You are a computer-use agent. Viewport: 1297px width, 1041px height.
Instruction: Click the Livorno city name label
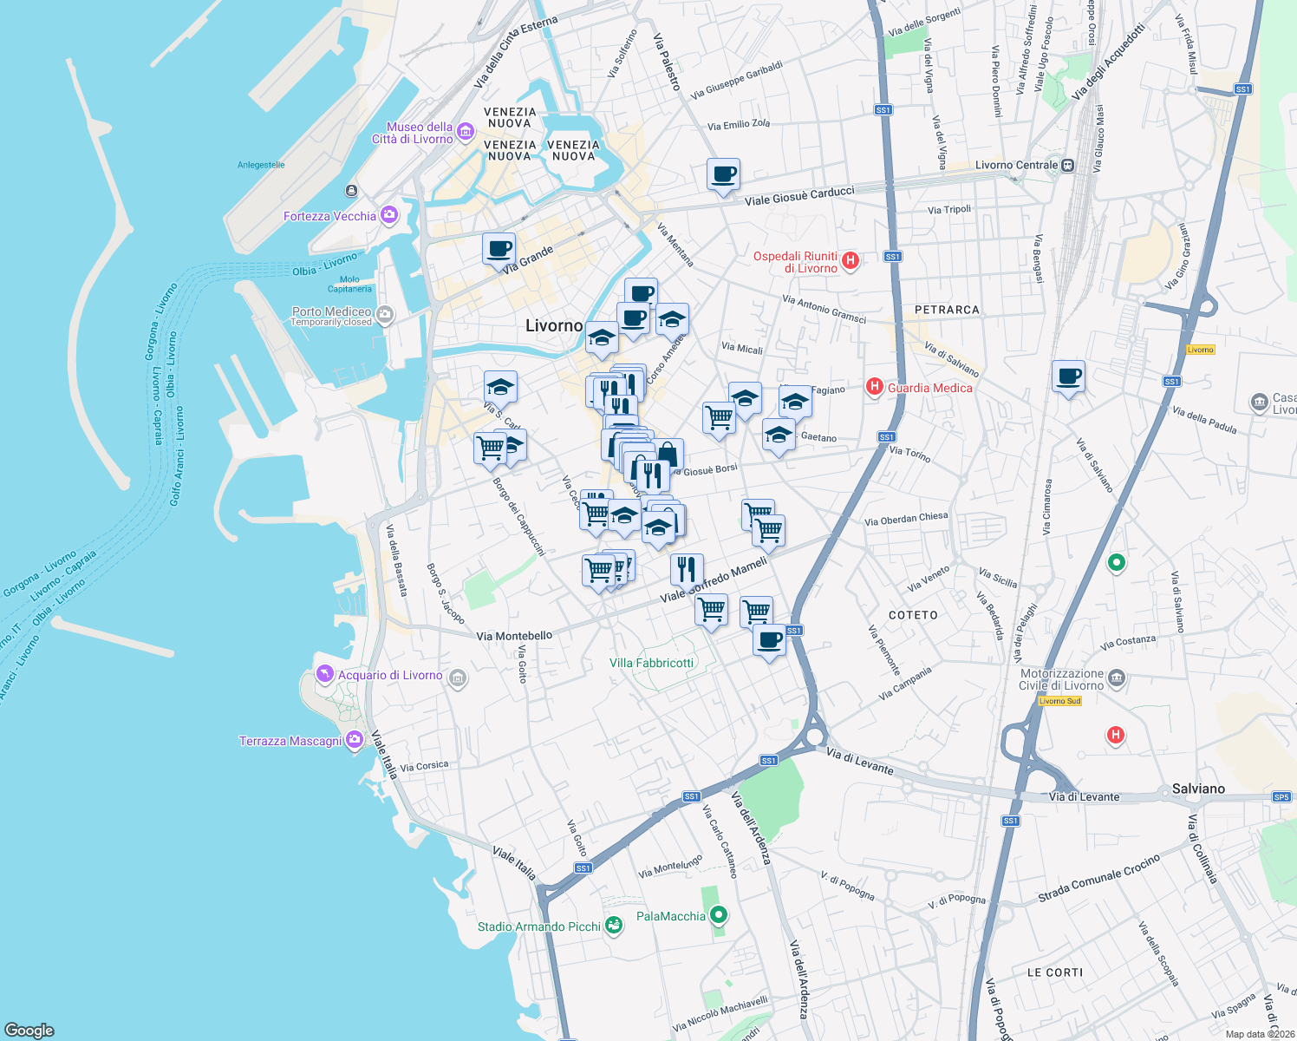[x=554, y=326]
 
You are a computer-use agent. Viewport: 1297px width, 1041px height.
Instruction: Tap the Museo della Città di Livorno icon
[x=466, y=132]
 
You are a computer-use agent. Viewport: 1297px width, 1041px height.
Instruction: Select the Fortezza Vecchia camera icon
[x=389, y=215]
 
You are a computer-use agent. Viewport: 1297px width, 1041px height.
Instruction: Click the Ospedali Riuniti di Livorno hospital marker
[x=851, y=260]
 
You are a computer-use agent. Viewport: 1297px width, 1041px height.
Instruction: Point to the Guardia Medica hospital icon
[x=875, y=387]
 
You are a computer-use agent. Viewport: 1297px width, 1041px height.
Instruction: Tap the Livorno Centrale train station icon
[x=1067, y=165]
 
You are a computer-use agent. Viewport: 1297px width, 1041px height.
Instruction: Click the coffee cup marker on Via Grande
[x=499, y=250]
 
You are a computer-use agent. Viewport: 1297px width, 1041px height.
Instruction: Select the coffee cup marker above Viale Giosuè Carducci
[x=723, y=175]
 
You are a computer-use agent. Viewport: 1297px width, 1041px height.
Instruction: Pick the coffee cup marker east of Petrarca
[x=1068, y=377]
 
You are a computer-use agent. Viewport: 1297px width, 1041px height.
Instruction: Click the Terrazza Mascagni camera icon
[x=354, y=740]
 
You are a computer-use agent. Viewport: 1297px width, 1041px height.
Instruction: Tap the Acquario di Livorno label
[x=390, y=675]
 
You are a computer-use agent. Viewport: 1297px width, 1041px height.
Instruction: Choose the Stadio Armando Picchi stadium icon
[x=614, y=926]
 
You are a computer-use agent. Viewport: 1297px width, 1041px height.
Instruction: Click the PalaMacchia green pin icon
[x=718, y=915]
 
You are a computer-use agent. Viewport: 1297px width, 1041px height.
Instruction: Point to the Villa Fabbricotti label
[x=651, y=663]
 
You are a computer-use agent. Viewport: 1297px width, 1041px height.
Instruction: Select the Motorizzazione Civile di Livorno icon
[x=1117, y=678]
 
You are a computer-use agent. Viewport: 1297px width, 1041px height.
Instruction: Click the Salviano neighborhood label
[x=1198, y=789]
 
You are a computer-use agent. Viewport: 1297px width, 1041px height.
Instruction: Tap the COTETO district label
[x=913, y=615]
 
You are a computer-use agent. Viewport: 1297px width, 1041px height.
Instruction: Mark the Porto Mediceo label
[x=331, y=311]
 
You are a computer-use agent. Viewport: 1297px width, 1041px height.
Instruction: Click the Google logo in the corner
[x=29, y=1030]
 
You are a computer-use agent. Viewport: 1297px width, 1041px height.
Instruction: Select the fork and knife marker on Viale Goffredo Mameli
[x=686, y=570]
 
